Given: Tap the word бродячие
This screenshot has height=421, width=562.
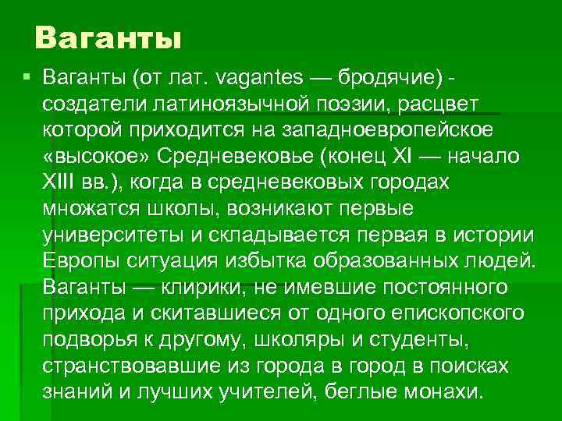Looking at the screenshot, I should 389,78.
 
